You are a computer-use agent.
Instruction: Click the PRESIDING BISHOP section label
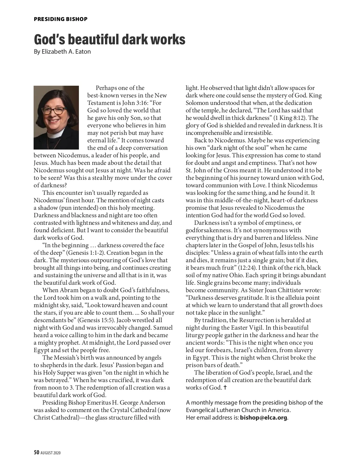[x=61, y=19]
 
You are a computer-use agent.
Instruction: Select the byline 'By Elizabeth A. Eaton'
[x=62, y=52]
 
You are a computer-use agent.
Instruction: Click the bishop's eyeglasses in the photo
[x=54, y=110]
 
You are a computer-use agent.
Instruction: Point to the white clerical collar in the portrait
[x=55, y=135]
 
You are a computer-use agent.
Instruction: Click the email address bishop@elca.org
[x=263, y=417]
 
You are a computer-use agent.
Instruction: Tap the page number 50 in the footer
[x=36, y=453]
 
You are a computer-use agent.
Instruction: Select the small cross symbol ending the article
[x=225, y=387]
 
